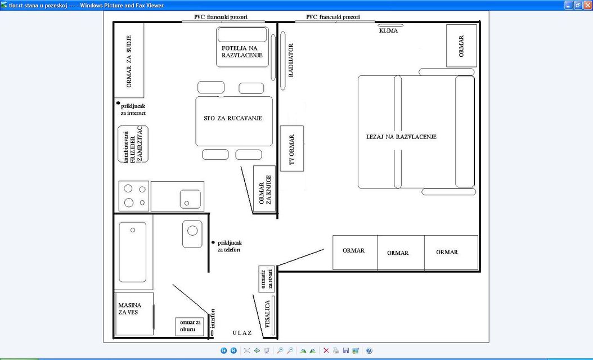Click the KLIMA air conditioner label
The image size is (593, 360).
pos(388,30)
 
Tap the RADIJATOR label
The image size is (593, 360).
pos(291,61)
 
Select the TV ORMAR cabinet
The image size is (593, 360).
pos(292,148)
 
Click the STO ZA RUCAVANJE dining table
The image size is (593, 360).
pos(234,121)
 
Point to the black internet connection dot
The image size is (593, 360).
pos(118,103)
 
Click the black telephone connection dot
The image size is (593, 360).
pos(213,242)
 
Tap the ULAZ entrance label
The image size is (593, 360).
pos(242,333)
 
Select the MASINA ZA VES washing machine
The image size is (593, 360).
pos(134,314)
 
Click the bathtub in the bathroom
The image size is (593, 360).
pos(133,252)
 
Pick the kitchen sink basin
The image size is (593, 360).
pos(190,199)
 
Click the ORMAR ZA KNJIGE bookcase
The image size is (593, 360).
pos(264,189)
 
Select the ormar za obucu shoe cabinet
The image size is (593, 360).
pos(190,326)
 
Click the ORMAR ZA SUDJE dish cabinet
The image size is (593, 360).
pos(129,61)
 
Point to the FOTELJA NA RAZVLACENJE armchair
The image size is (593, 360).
pos(242,47)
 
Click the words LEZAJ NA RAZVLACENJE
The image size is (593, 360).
pos(401,137)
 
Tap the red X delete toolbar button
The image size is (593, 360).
pos(326,350)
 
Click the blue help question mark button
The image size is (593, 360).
pos(369,350)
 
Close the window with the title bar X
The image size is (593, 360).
pos(587,5)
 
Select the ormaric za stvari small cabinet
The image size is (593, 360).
pos(267,279)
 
